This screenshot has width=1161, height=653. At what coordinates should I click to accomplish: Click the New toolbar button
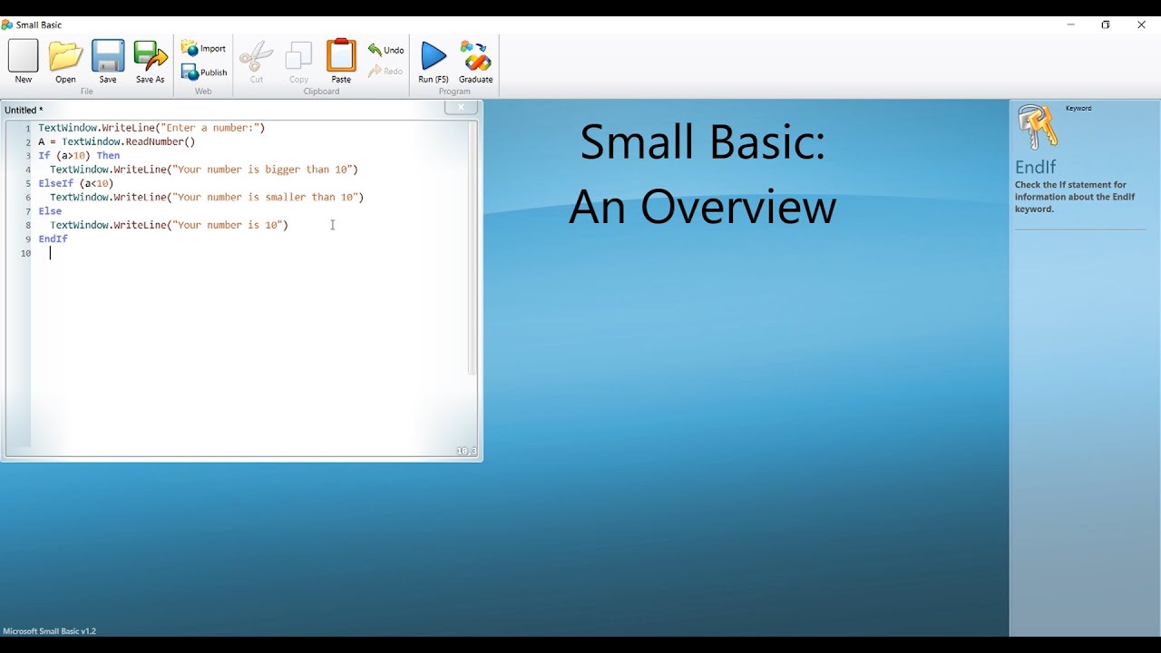[24, 59]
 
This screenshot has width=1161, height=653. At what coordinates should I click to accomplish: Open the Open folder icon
[65, 59]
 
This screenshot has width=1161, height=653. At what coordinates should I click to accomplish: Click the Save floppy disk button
[108, 59]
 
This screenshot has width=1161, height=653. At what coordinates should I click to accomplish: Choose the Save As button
[151, 59]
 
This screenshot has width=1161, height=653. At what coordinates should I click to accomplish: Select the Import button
[203, 48]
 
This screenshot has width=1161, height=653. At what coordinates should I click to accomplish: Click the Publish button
[203, 73]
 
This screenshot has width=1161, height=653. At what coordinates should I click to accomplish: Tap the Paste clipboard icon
[341, 59]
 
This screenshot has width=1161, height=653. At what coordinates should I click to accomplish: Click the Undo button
[385, 50]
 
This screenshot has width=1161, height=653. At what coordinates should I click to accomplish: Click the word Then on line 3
[108, 156]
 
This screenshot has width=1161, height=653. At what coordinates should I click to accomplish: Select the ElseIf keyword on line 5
[55, 183]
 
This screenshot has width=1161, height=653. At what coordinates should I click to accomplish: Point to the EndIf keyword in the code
[53, 239]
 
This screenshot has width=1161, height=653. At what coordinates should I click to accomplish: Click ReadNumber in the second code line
[157, 142]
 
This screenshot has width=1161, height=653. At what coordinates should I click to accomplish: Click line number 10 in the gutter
[25, 254]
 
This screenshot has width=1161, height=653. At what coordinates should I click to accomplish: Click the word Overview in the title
[738, 208]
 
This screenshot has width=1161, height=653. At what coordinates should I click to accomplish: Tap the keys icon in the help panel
[1038, 127]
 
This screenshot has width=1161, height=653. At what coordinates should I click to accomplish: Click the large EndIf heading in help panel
[1036, 167]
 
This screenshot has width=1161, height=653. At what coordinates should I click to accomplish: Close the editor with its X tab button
[461, 108]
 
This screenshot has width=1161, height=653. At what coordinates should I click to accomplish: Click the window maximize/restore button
[1106, 24]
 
